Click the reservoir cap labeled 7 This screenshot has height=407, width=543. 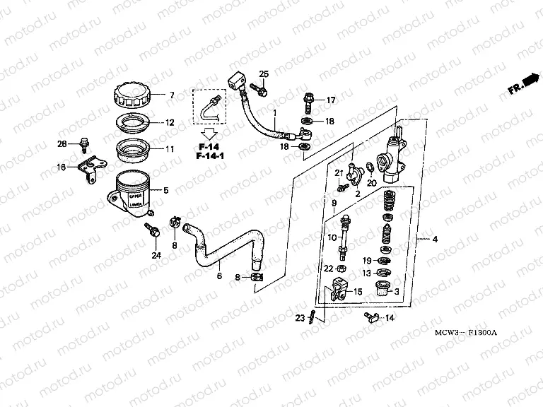coord(132,95)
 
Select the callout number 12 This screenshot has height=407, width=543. coord(170,122)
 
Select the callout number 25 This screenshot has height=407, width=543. coord(264,75)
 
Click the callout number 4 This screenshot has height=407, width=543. coord(435,240)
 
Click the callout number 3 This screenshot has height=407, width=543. coord(397,291)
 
